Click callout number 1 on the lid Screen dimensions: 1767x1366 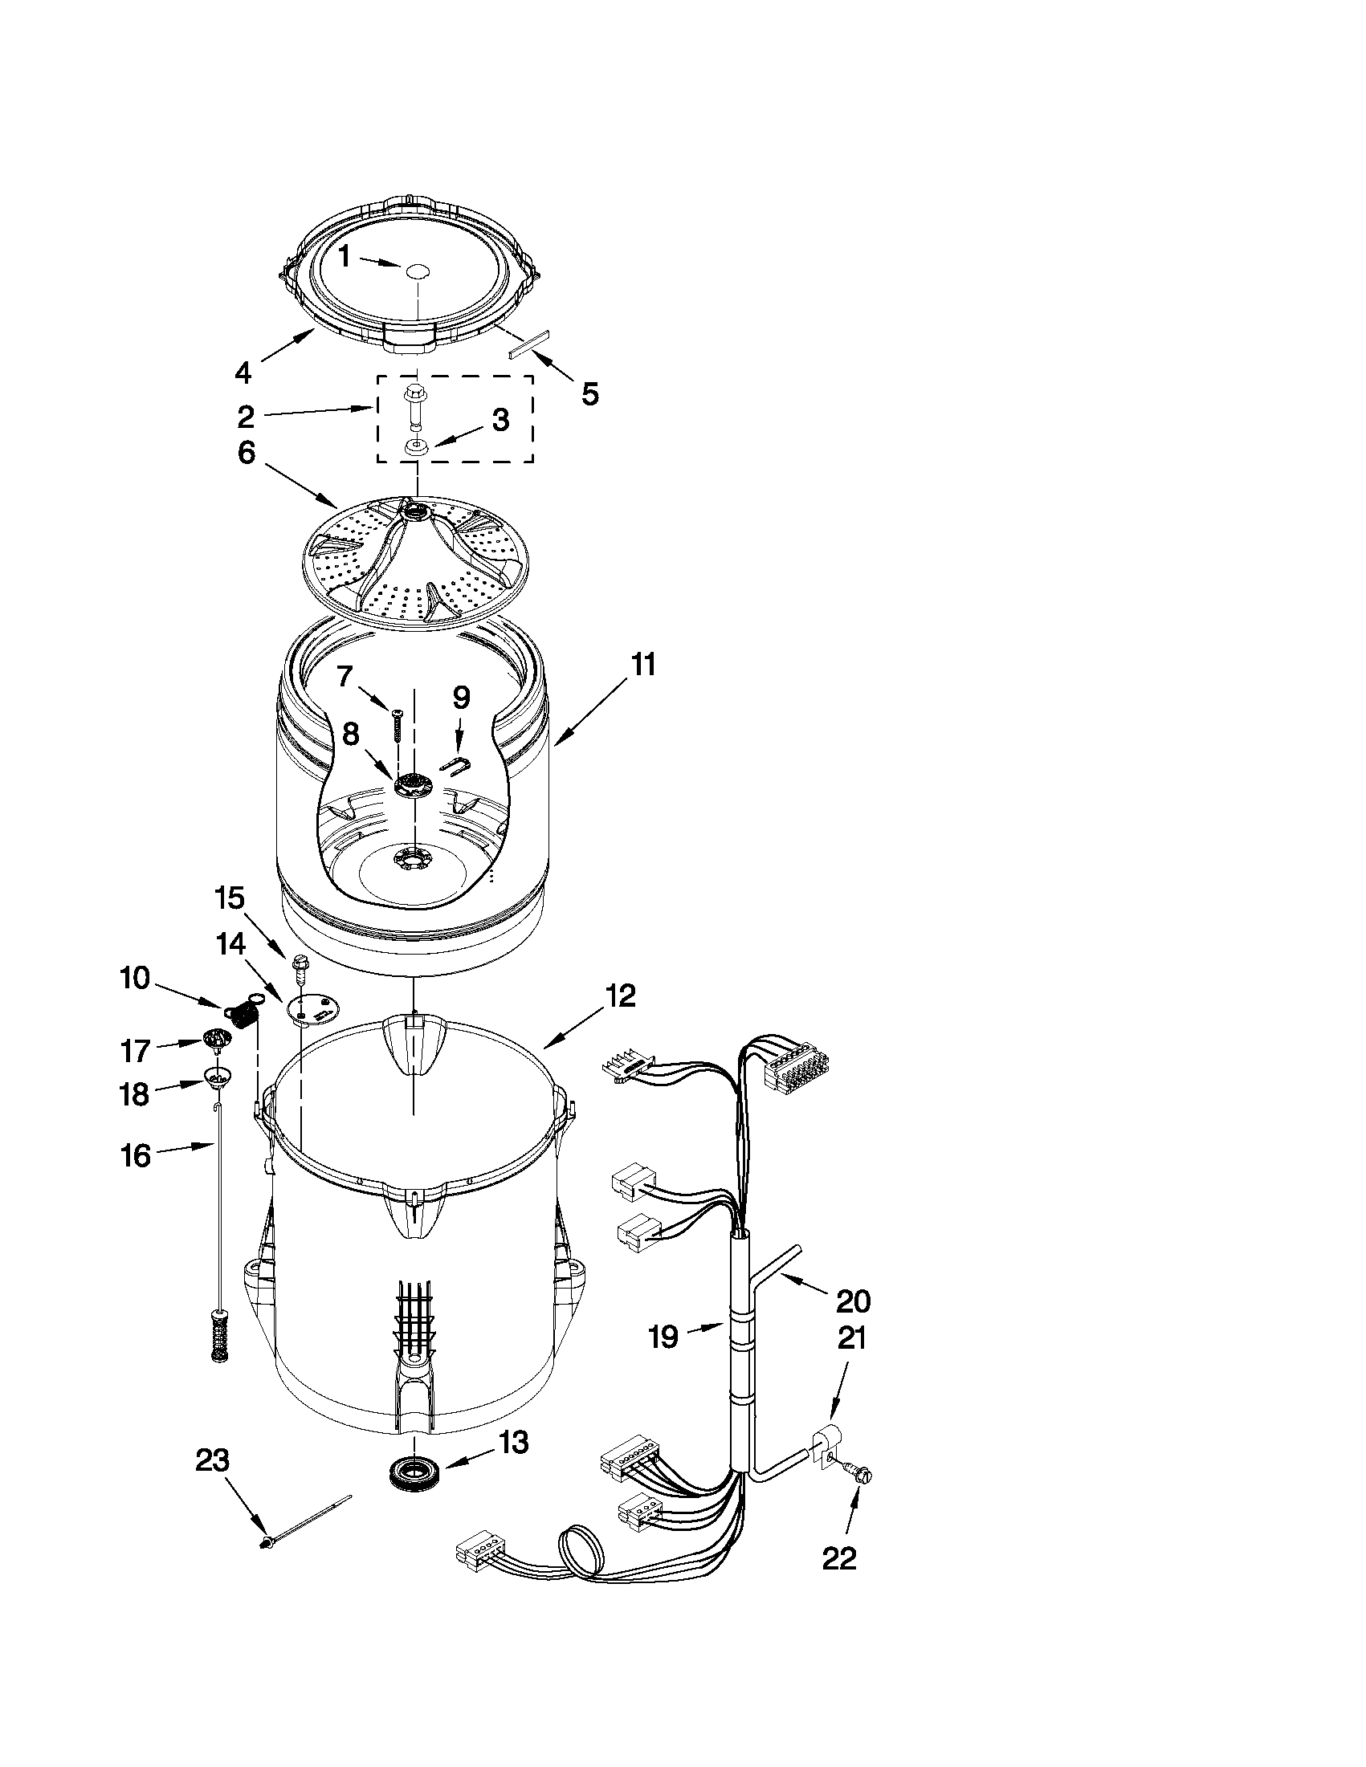pyautogui.click(x=344, y=257)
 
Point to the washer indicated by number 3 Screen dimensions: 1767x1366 pyautogui.click(x=416, y=447)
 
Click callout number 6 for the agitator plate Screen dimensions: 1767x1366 pyautogui.click(x=246, y=453)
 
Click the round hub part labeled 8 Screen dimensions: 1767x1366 pyautogui.click(x=414, y=784)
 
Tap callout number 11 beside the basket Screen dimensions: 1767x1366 pyautogui.click(x=643, y=665)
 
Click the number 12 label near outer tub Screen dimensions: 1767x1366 pyautogui.click(x=619, y=995)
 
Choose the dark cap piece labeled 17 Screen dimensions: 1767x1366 pyautogui.click(x=214, y=1039)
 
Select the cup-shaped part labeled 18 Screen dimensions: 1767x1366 pyautogui.click(x=217, y=1076)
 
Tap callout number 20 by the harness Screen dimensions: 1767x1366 pyautogui.click(x=853, y=1301)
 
